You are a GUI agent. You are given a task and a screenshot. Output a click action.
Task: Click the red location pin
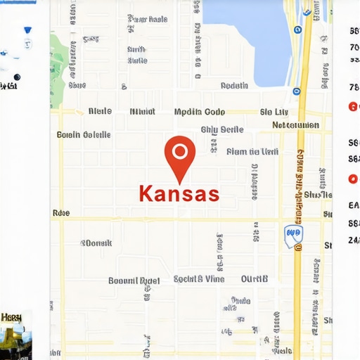pos(179,154)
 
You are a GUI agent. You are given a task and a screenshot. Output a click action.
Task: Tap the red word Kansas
pos(179,193)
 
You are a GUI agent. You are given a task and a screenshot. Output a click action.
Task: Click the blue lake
pos(250,32)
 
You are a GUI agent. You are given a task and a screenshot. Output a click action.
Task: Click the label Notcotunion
pos(295,125)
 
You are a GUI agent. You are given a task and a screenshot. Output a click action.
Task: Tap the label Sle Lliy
pos(274,112)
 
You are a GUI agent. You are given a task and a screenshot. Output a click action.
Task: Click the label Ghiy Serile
pos(221,129)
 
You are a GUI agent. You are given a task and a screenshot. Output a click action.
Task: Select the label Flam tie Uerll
pos(252,151)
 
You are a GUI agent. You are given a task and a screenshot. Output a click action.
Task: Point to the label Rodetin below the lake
pos(234,86)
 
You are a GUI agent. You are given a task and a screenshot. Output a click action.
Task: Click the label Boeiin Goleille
pos(83,134)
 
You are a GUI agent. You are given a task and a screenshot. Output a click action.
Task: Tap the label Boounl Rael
pos(134,280)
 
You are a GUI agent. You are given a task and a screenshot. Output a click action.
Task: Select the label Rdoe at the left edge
pos(61,212)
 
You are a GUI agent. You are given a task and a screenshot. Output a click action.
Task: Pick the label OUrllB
pos(255,279)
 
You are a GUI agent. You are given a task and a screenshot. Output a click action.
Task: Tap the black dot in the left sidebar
pos(17,77)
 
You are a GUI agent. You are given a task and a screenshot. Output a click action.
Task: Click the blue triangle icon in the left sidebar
pos(28,31)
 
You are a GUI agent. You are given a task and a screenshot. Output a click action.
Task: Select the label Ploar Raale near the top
pos(147,20)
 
